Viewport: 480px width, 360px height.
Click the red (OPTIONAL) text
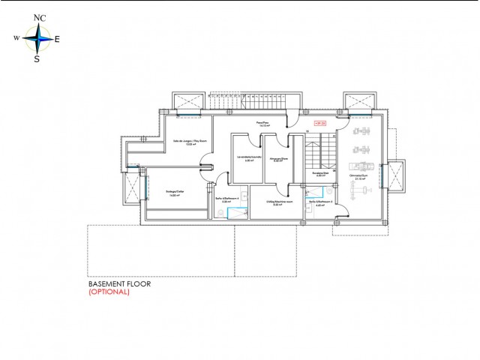click(109, 293)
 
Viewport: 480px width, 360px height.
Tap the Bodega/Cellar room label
click(174, 193)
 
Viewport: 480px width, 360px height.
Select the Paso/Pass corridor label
click(262, 123)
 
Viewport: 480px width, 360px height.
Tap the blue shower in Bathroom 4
click(235, 213)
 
